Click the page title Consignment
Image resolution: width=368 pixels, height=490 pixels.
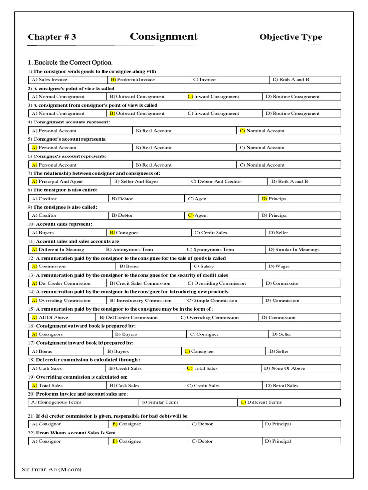tap(163, 37)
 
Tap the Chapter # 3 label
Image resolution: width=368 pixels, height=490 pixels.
tap(52, 37)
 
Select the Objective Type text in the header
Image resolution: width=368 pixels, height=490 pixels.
tap(290, 37)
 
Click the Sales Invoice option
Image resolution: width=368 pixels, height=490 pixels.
tap(49, 80)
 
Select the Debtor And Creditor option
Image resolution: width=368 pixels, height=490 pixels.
tap(216, 182)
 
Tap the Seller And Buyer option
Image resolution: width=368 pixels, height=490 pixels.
tap(136, 182)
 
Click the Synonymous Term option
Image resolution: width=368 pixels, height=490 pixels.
tap(210, 249)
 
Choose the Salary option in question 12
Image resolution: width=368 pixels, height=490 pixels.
tap(204, 267)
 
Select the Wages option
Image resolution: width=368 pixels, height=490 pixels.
tap(279, 267)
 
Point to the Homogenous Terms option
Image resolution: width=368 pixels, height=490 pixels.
tap(57, 402)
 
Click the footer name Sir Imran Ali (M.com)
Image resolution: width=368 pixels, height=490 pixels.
tap(52, 469)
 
